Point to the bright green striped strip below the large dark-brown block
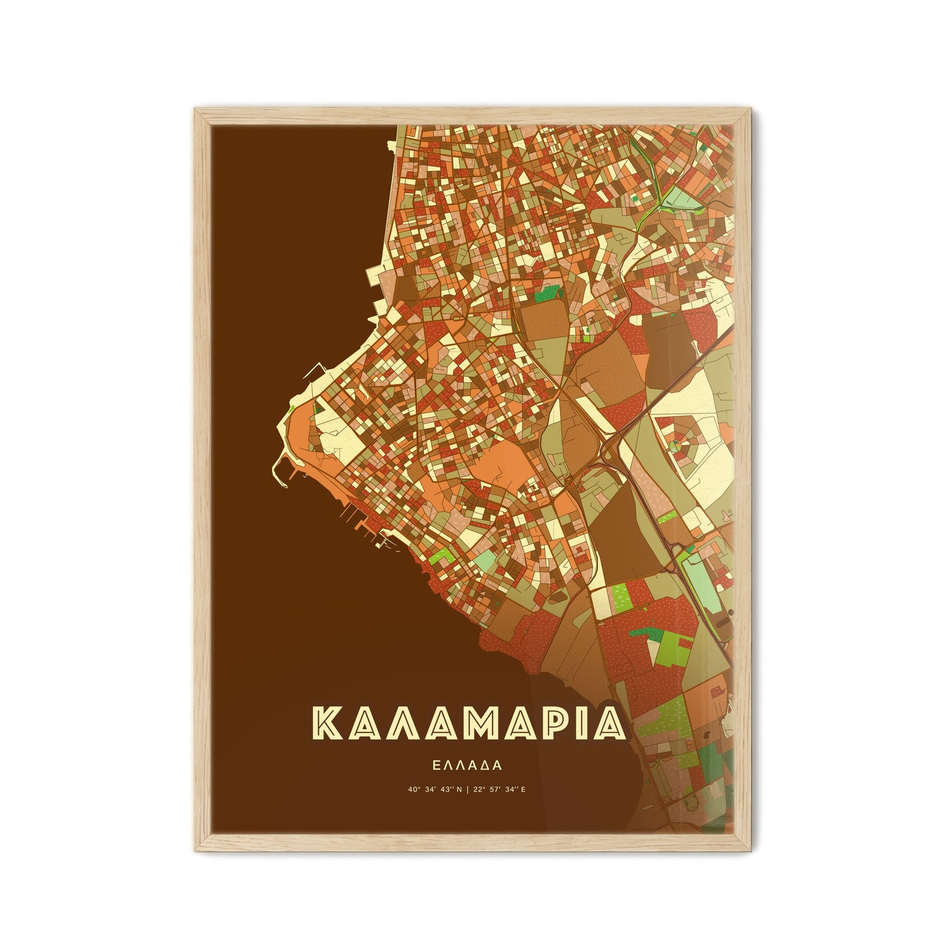coord(620,595)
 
